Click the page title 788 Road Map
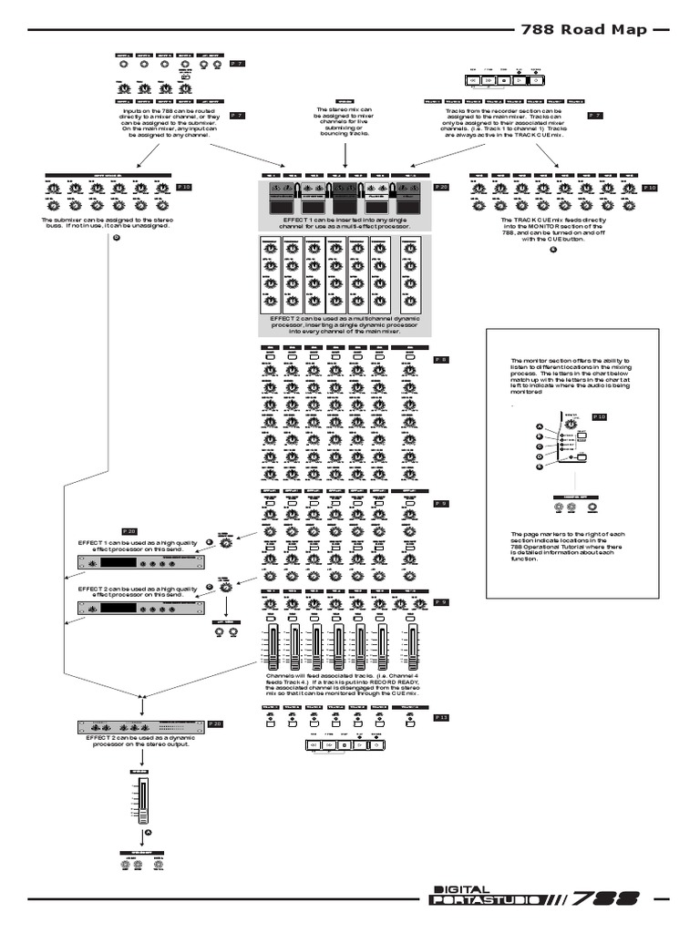click(x=583, y=30)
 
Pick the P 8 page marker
click(x=440, y=360)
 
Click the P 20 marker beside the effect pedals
click(x=441, y=187)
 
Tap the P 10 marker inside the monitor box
click(x=599, y=415)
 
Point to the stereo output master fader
click(x=143, y=801)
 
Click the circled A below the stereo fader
click(x=148, y=832)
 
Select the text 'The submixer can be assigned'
click(x=106, y=223)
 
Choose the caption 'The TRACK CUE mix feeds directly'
click(x=554, y=229)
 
